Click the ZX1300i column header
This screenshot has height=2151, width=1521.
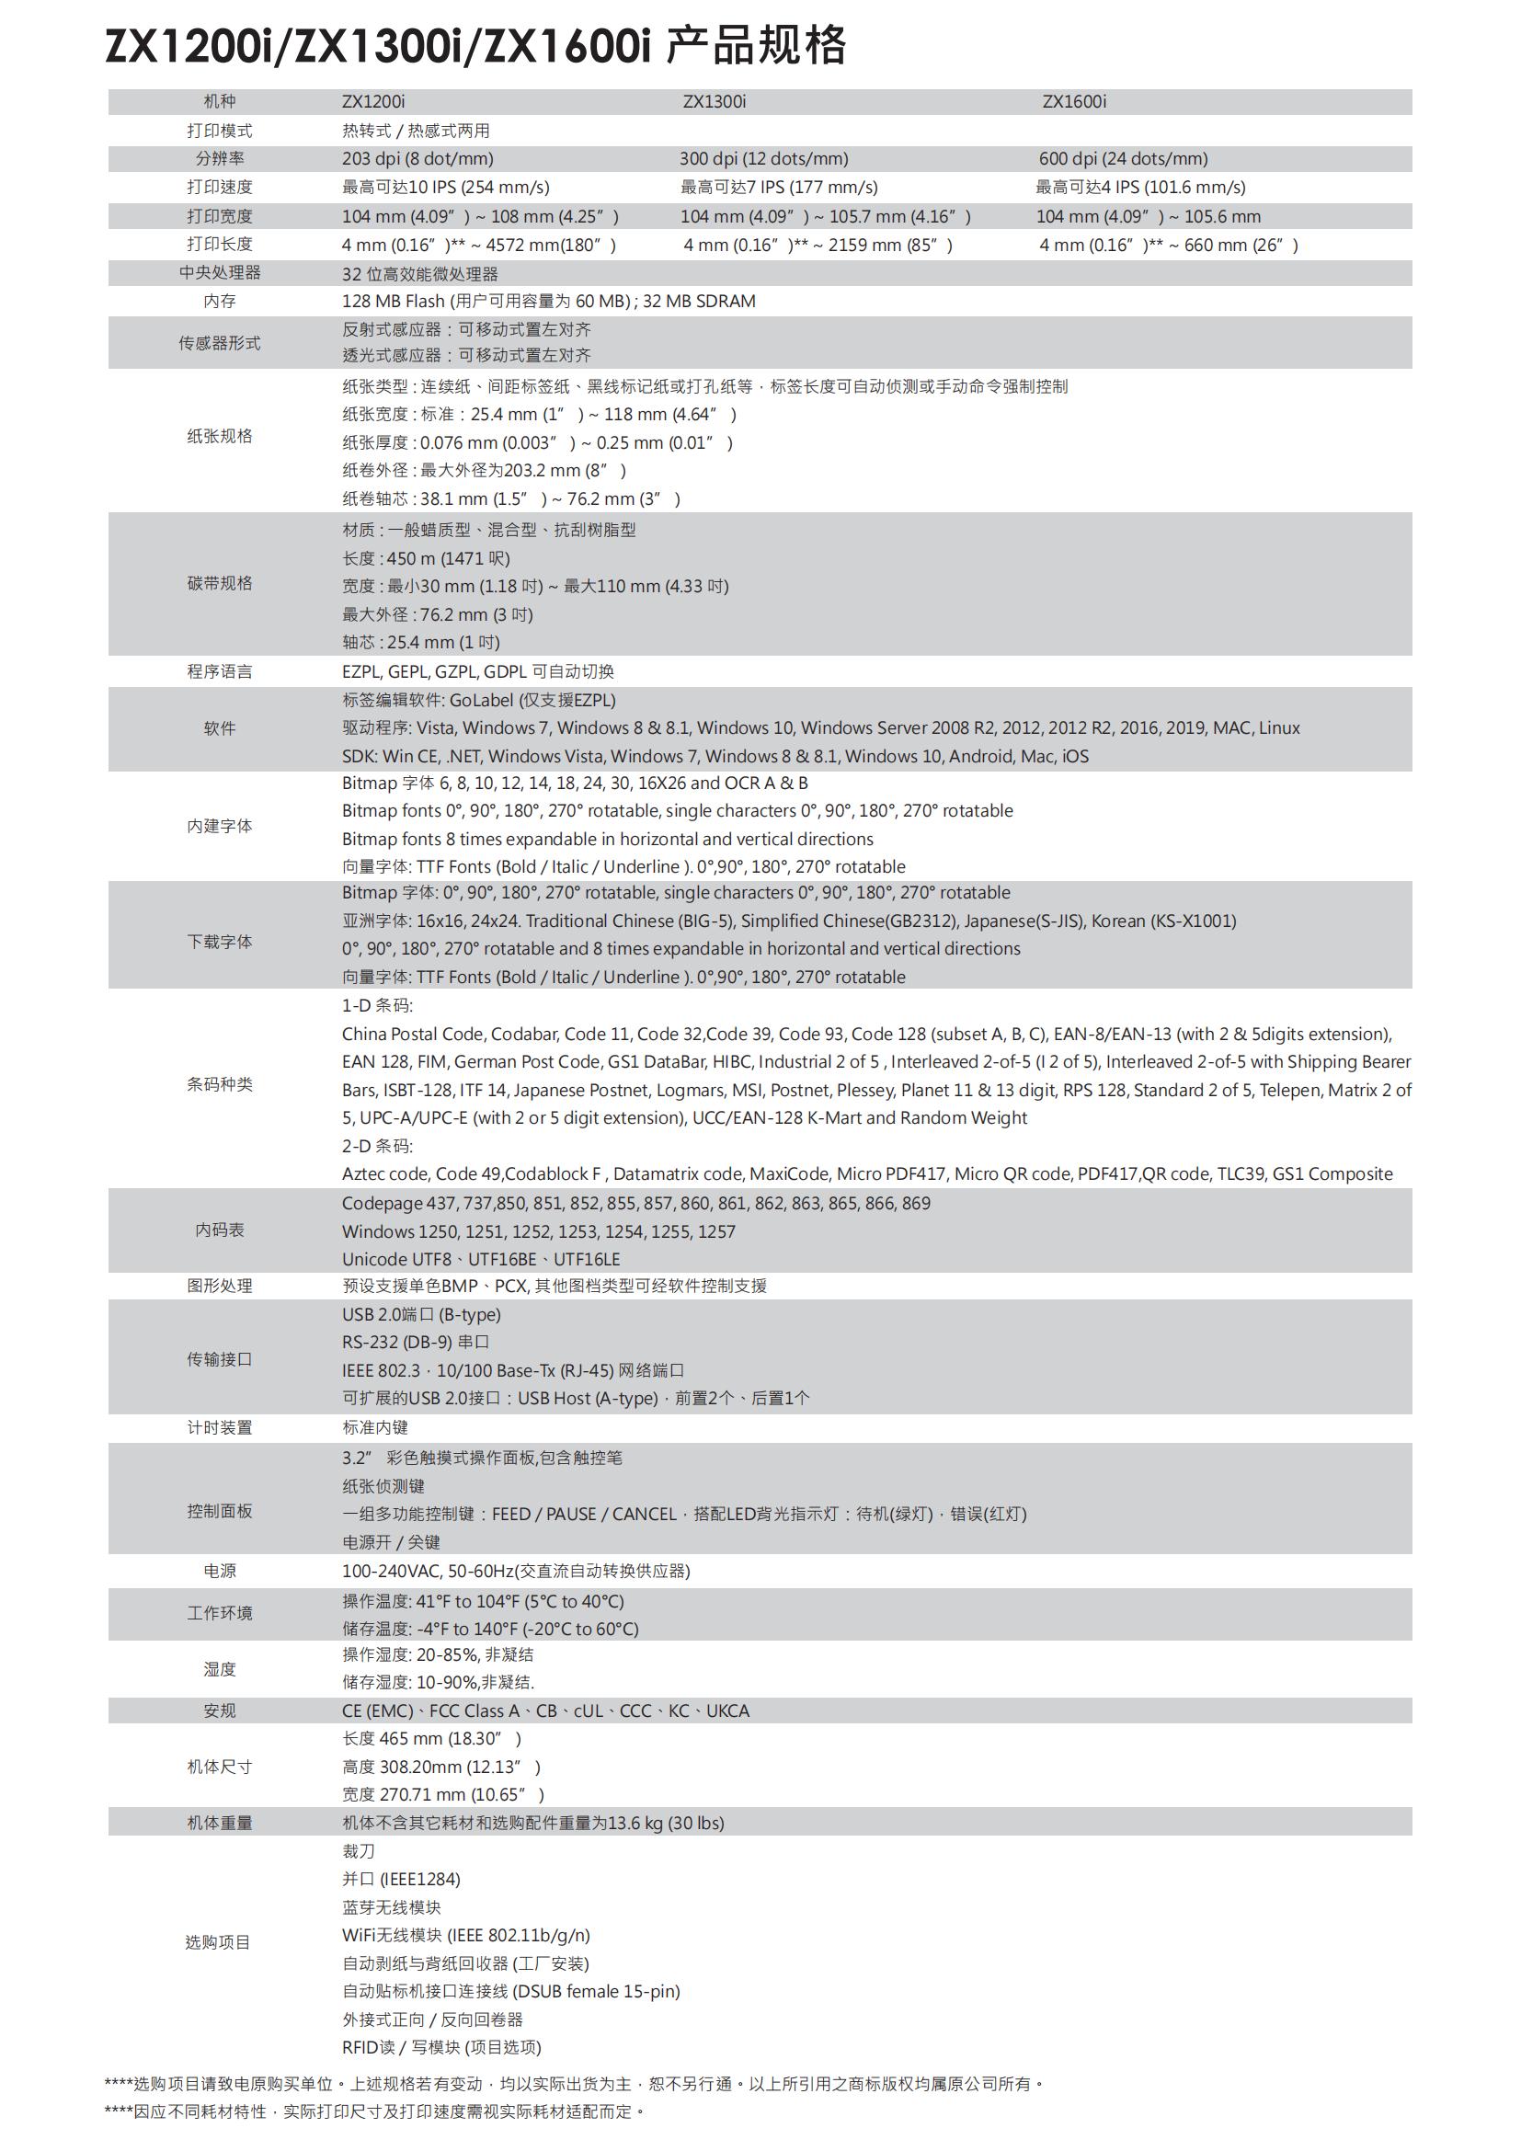point(714,101)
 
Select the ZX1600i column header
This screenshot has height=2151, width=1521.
point(1073,101)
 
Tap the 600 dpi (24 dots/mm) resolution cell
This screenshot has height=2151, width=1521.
point(1123,158)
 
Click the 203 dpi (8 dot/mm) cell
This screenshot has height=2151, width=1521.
point(417,158)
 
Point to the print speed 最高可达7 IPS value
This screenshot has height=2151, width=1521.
point(778,188)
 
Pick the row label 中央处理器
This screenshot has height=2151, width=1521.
point(219,272)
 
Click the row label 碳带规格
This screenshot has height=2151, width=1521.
point(219,584)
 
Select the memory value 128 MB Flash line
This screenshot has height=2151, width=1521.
point(548,301)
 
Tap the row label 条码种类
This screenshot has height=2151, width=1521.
point(219,1084)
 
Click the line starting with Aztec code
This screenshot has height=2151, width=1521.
point(866,1173)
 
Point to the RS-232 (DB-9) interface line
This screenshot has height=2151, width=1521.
point(415,1342)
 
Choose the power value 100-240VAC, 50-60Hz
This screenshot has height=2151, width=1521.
point(515,1571)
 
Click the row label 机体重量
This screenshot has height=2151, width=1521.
point(219,1823)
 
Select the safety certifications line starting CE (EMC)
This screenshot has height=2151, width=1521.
point(545,1711)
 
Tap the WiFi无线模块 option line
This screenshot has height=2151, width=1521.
point(465,1935)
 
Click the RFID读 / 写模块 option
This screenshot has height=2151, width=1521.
point(441,2047)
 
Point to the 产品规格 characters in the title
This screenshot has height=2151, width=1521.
point(756,45)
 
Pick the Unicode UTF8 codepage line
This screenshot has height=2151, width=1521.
point(480,1259)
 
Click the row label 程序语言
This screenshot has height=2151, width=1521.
point(219,671)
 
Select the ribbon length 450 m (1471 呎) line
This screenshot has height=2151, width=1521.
point(425,558)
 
